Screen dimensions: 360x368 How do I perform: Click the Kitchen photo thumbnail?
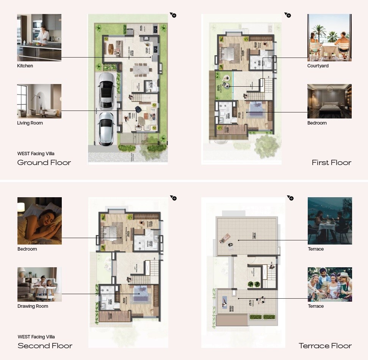coord(39,37)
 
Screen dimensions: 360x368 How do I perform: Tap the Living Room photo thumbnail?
coord(39,101)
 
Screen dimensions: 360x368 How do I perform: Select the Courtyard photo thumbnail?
coord(329,37)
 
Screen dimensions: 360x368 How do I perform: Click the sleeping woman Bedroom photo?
coord(39,221)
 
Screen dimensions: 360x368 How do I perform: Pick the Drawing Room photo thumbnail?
coord(39,284)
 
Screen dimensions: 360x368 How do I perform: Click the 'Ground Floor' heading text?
coord(44,163)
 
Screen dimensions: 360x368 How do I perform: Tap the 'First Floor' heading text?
coord(331,163)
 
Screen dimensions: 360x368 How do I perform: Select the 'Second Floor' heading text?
coord(45,346)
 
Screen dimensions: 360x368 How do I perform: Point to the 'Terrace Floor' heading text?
coord(325,346)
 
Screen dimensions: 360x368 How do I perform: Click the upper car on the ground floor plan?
coord(106,90)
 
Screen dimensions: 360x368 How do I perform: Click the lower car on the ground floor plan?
coord(106,128)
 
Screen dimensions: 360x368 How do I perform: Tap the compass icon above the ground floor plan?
coord(173,15)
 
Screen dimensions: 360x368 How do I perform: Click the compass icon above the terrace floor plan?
coord(290,198)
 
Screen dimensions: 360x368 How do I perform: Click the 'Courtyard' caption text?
coord(318,66)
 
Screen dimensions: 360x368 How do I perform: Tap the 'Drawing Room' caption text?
coord(33,306)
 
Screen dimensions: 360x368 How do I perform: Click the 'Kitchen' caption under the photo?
coord(25,66)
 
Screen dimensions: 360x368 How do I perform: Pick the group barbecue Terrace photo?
coord(330,284)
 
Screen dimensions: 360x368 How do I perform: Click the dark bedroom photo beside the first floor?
coord(329,101)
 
